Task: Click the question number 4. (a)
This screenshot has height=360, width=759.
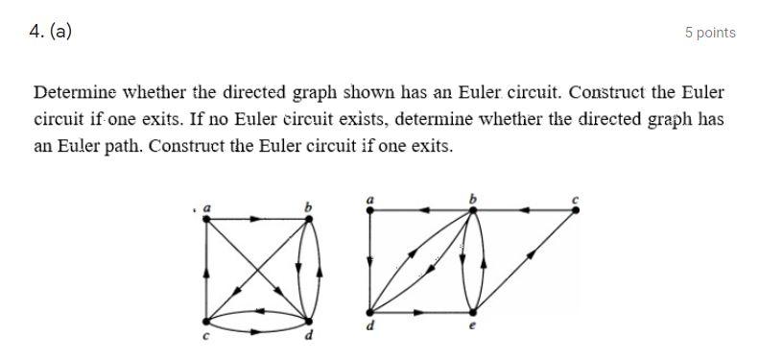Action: (x=50, y=31)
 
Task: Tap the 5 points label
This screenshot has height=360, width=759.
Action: (x=710, y=33)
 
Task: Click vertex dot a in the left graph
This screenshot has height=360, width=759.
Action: (x=207, y=219)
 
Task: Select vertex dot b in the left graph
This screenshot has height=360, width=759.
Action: (x=309, y=219)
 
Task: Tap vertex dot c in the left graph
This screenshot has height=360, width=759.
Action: (x=207, y=321)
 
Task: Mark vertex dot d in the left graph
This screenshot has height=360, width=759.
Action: (x=309, y=321)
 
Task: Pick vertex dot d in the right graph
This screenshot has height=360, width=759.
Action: (x=371, y=312)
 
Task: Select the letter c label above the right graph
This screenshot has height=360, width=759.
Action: (x=575, y=199)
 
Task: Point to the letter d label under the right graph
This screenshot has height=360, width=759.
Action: (x=371, y=327)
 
